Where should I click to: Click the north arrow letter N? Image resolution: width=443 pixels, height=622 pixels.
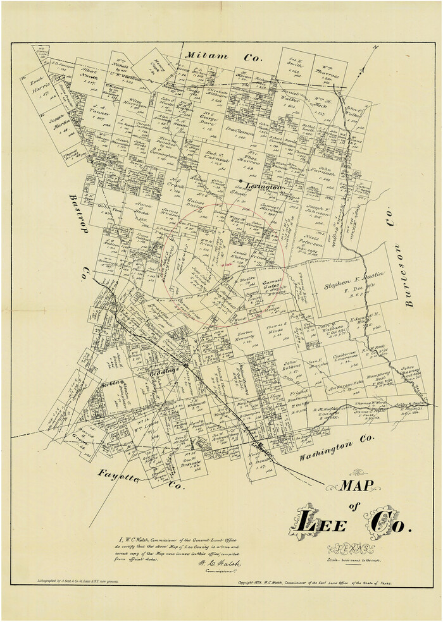click(375, 49)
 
